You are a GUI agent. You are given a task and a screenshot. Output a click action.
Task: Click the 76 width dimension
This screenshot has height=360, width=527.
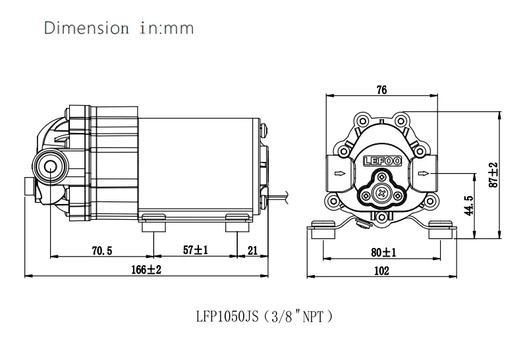(381, 90)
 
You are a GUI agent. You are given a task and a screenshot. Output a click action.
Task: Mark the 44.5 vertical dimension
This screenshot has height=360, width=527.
(468, 205)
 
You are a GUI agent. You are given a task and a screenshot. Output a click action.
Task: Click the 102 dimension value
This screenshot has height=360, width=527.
(381, 270)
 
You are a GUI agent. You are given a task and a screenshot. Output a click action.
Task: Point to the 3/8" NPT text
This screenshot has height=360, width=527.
(301, 317)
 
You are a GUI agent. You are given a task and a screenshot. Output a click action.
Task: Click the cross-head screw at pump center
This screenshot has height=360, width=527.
(381, 192)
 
